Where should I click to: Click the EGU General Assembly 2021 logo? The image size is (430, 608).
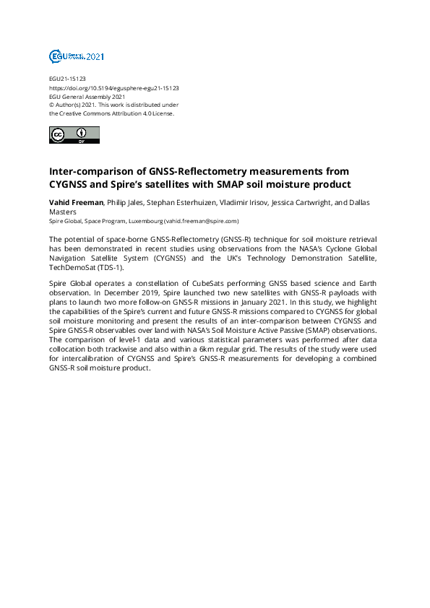point(77,56)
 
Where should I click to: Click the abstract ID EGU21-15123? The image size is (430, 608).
point(67,79)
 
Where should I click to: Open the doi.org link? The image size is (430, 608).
point(113,87)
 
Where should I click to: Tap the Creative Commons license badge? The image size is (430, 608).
point(74,135)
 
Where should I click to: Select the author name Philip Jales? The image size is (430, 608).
point(126,203)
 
